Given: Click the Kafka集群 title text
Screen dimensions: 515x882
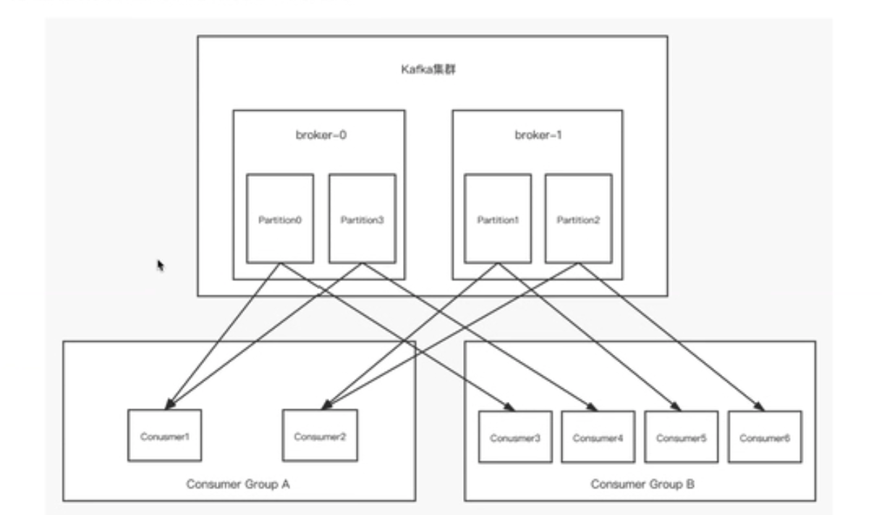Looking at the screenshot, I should coord(432,70).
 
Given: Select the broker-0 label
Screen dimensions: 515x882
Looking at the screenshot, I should coord(318,135).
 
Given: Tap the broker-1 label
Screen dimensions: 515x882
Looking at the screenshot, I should coord(538,135).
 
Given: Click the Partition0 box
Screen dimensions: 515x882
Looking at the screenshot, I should coord(279,218).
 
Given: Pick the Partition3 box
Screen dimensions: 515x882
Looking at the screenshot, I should coord(362,218).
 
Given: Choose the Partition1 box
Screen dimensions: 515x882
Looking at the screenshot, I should coord(497,218).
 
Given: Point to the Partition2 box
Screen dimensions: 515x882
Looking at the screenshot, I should coord(578,218).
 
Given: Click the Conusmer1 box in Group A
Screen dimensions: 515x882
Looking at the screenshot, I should coord(165,435).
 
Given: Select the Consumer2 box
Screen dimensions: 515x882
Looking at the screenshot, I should coord(319,435).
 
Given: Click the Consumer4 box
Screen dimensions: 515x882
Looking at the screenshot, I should coord(598,437).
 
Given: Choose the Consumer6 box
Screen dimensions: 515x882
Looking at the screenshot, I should coord(765,437).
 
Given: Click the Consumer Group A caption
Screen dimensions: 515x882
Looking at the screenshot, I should coord(238,483).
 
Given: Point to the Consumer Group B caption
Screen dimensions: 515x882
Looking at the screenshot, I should coord(643,483).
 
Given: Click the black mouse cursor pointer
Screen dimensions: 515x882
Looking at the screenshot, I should coord(161,266).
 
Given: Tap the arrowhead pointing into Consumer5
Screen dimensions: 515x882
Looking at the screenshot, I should coord(678,407).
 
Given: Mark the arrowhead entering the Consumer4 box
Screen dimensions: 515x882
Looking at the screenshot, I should coord(593,407).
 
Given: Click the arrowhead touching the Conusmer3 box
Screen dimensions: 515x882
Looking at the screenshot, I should coord(510,407).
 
